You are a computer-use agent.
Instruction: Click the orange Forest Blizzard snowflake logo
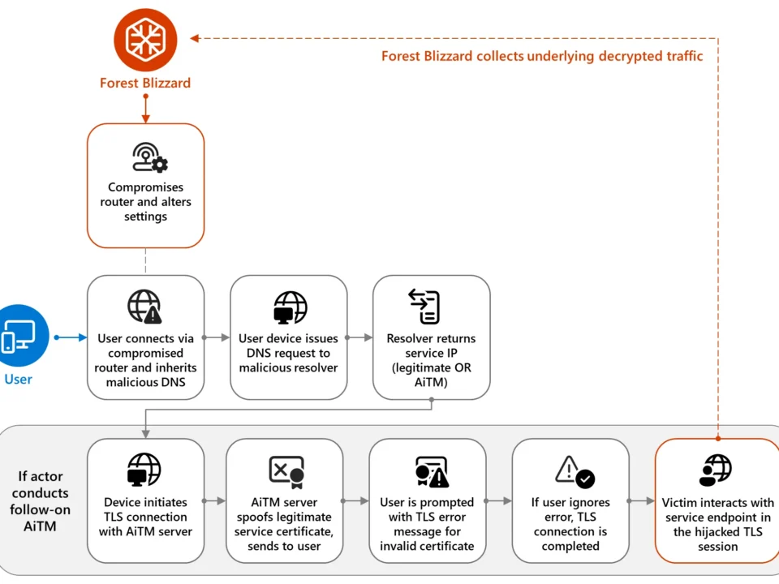pos(145,38)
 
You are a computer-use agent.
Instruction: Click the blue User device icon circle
pos(19,335)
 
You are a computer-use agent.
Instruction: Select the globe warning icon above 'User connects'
pos(145,307)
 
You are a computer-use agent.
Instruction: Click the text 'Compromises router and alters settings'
pos(146,202)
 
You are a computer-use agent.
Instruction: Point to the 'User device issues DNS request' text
pos(288,353)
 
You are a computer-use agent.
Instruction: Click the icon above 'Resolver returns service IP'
pos(431,307)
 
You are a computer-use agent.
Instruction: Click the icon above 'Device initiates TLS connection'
pos(145,470)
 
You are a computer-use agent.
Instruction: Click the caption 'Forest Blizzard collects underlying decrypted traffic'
pos(542,56)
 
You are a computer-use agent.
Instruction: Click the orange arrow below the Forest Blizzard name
pos(146,109)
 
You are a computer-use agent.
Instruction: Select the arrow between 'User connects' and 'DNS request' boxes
pos(217,337)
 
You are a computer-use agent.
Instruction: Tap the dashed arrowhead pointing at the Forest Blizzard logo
pos(195,38)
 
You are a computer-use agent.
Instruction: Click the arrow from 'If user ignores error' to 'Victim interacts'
pos(641,501)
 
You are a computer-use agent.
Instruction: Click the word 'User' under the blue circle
pos(19,379)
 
